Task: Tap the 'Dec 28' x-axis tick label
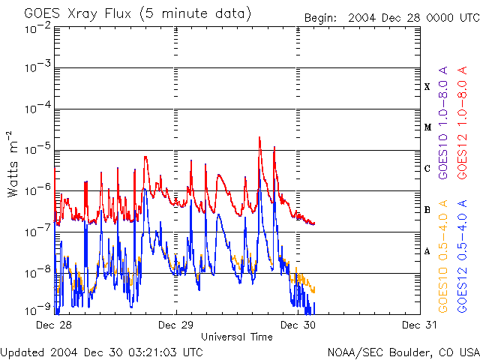[54, 325]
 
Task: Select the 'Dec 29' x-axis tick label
[176, 325]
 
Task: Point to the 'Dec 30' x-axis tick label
[298, 325]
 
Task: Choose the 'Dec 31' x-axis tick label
[420, 325]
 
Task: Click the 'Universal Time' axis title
[236, 337]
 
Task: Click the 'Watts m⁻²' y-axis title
[13, 163]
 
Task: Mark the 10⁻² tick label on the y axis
[37, 28]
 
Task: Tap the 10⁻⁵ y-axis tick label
[37, 149]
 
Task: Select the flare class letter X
[427, 87]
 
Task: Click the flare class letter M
[427, 127]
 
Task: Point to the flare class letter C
[427, 169]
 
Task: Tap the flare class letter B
[427, 210]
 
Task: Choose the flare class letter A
[427, 251]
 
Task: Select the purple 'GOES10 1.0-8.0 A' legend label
[443, 136]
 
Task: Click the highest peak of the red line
[259, 137]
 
